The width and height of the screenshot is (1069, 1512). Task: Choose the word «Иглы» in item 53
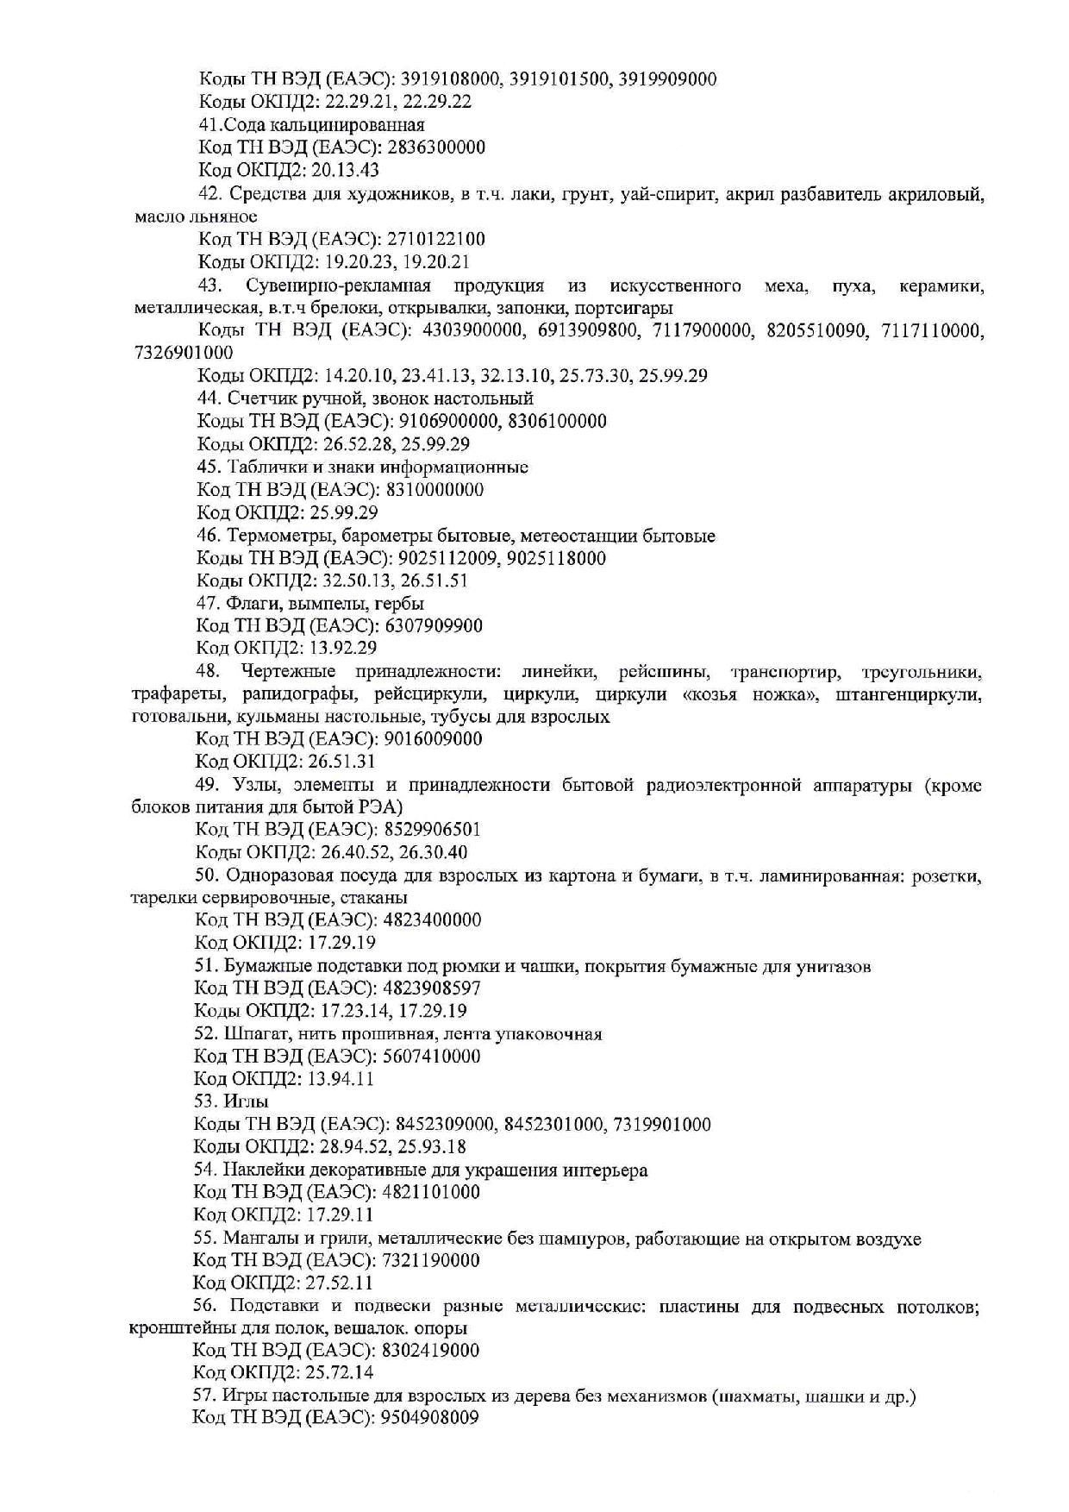(x=246, y=1101)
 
